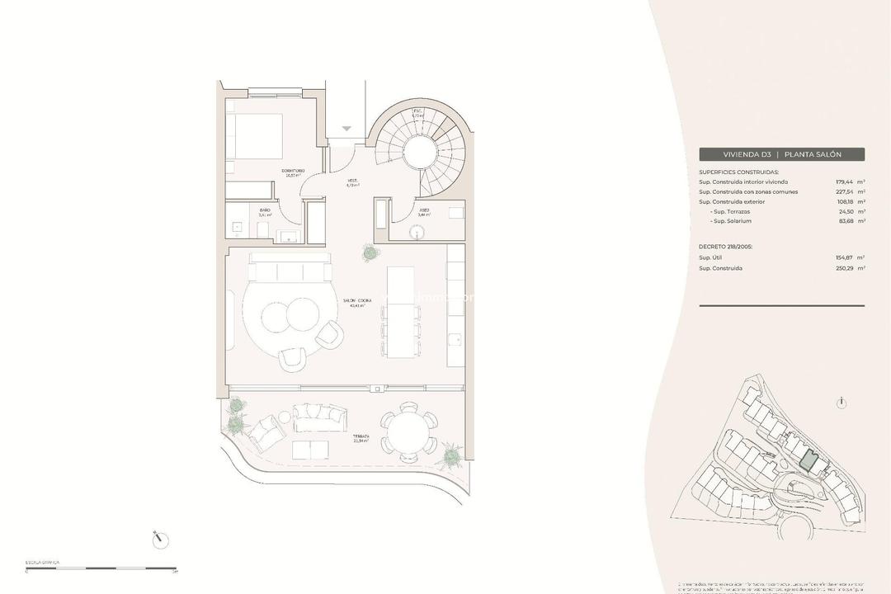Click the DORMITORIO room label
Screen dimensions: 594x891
click(293, 172)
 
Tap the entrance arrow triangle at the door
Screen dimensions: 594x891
click(346, 129)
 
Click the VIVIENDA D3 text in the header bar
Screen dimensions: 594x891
click(746, 154)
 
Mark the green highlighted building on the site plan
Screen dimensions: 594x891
click(810, 461)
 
